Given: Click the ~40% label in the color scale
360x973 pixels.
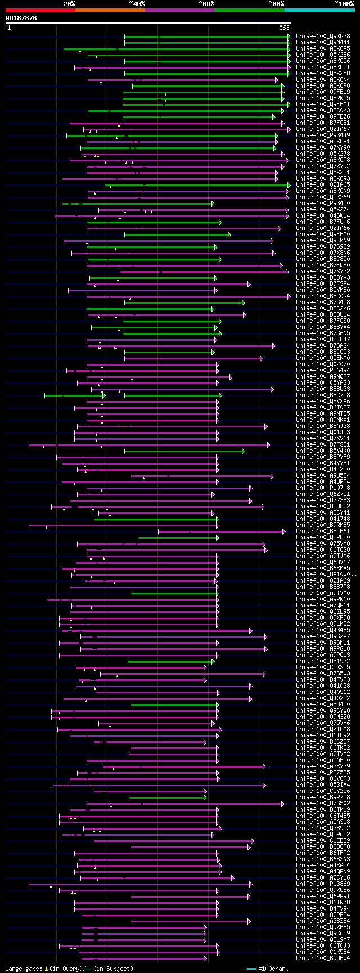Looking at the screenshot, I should pos(137,3).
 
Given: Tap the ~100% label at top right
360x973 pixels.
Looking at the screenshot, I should pos(344,3).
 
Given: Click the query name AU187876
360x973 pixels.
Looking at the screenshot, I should pos(21,18).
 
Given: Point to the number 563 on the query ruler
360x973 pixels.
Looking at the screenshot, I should pos(284,28).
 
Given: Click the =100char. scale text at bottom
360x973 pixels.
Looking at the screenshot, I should pos(274,969).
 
